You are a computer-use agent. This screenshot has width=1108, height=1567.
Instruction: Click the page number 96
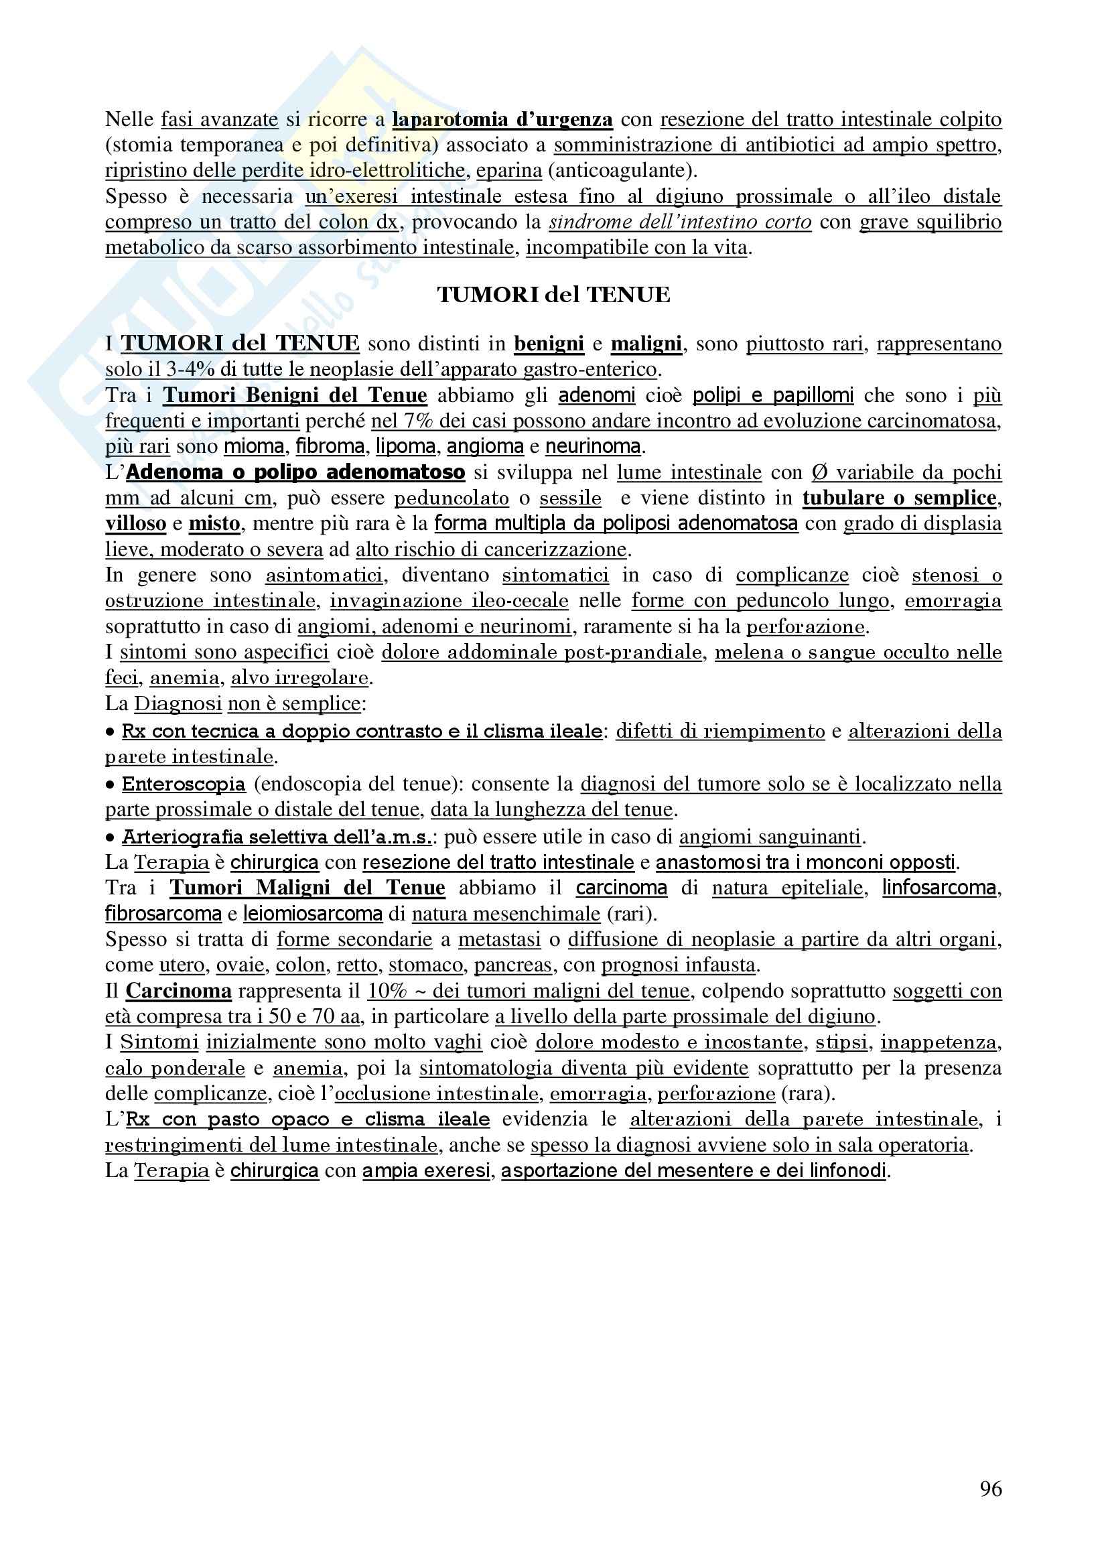coord(991,1488)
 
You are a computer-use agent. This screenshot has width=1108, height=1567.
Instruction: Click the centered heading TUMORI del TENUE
coord(553,294)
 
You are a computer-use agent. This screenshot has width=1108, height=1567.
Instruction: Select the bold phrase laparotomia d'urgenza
coord(502,119)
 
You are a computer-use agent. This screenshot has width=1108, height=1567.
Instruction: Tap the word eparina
coord(509,171)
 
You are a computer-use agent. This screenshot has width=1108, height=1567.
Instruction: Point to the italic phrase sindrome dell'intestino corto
coord(680,222)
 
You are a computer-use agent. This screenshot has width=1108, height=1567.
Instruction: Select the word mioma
coord(254,446)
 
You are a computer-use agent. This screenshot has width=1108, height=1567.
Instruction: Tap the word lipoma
coord(405,446)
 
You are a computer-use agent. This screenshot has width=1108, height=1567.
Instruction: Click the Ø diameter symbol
coord(819,472)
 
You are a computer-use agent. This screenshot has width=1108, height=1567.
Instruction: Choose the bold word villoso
coord(136,523)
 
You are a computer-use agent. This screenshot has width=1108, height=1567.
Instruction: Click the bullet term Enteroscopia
coord(184,785)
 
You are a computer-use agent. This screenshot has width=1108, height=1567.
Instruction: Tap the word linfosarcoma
coord(939,888)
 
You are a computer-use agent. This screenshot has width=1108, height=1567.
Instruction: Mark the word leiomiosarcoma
coord(312,914)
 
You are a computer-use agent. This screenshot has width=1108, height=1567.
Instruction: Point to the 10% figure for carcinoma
coord(387,991)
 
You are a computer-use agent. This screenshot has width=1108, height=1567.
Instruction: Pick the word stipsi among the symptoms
coord(841,1042)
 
